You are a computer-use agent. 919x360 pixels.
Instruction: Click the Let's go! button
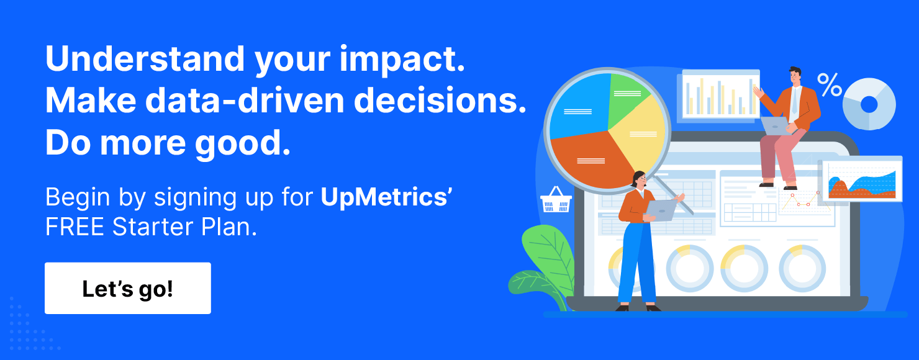tap(127, 289)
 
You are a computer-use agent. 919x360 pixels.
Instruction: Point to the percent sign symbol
tap(829, 85)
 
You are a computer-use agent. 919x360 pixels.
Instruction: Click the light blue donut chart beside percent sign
tap(869, 104)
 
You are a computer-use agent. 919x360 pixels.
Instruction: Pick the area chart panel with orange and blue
tap(860, 181)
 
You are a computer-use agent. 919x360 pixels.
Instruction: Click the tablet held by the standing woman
tap(662, 210)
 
